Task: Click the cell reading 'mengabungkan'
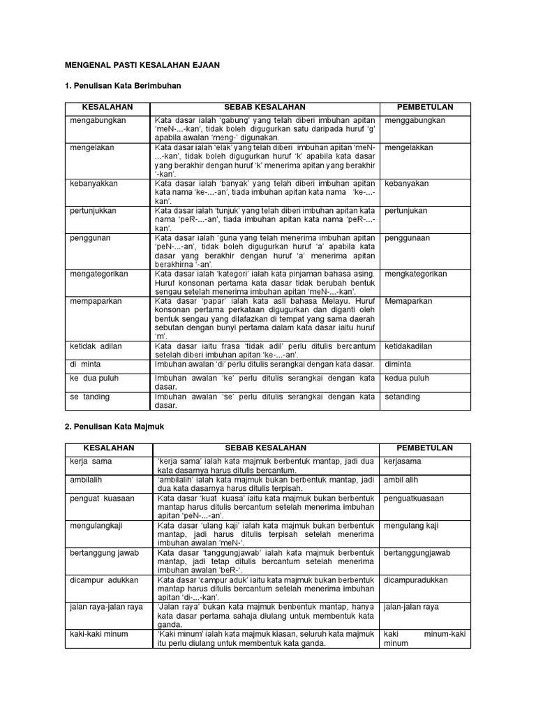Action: click(97, 120)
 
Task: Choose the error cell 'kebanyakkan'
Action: click(94, 183)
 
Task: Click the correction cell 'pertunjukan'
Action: click(408, 210)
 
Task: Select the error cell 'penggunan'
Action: click(90, 237)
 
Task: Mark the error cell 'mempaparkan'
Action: click(95, 301)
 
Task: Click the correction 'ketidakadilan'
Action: click(409, 346)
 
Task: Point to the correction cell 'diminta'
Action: click(398, 364)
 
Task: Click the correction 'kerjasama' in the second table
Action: click(403, 462)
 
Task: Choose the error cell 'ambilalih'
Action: click(87, 480)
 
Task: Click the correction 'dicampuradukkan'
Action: click(416, 580)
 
